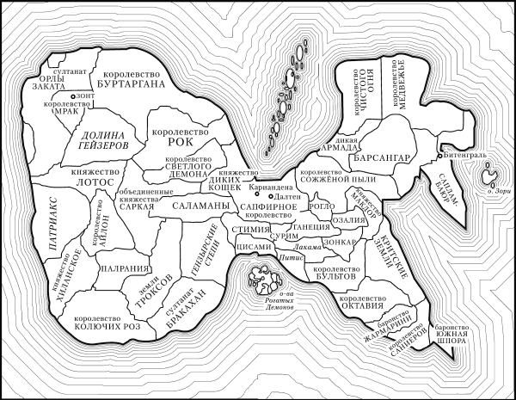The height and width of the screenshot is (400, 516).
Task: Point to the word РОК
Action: tap(181, 141)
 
